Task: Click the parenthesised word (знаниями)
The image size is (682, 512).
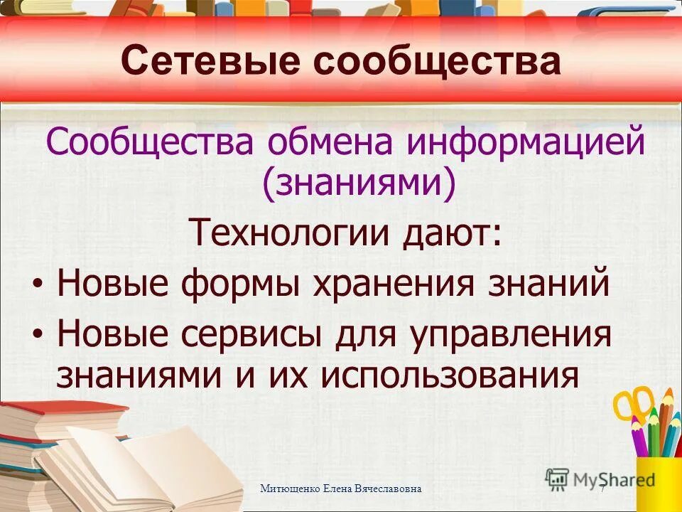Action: pyautogui.click(x=359, y=183)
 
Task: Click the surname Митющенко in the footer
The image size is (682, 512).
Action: pyautogui.click(x=290, y=489)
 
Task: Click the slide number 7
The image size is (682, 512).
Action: pyautogui.click(x=602, y=489)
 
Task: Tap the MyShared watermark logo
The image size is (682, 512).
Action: pyautogui.click(x=601, y=479)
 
